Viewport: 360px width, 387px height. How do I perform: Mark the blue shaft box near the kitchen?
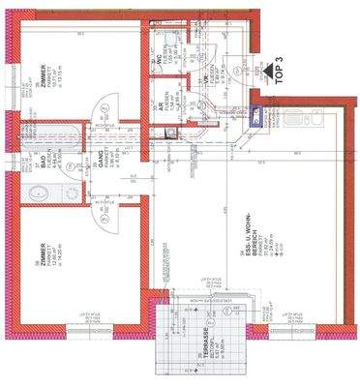(x=255, y=117)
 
